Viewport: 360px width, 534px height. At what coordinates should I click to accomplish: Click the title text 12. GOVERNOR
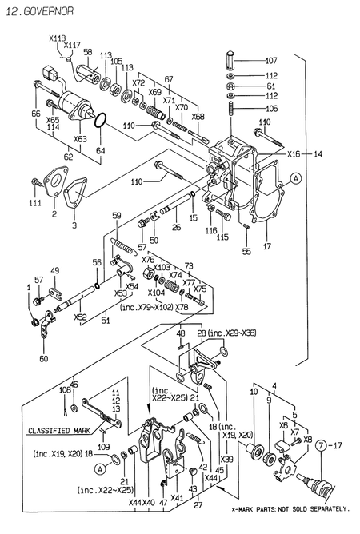pos(40,11)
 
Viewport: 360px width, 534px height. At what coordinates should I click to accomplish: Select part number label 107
pos(271,61)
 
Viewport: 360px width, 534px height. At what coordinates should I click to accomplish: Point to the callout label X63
pos(80,138)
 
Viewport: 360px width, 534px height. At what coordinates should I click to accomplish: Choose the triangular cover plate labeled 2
pos(55,182)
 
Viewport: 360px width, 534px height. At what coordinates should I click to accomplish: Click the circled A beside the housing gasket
pos(296,178)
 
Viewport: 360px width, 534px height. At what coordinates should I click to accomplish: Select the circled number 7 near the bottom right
pos(321,445)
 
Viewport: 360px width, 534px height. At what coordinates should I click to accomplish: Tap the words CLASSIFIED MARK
pos(59,431)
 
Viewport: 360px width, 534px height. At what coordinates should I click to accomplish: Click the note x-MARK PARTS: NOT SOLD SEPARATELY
pos(290,509)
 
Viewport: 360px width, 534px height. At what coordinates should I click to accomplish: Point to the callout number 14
pos(318,154)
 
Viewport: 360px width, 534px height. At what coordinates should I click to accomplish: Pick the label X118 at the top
pos(58,38)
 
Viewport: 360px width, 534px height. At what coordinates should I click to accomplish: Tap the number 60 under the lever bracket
pos(44,358)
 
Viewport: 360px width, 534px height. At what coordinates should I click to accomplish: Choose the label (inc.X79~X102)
pos(146,307)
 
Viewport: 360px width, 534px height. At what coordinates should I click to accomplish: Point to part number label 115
pos(222,237)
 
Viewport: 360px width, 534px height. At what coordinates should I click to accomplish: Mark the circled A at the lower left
pos(100,469)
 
